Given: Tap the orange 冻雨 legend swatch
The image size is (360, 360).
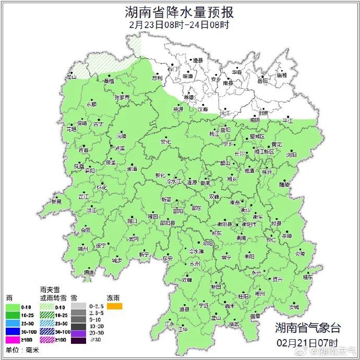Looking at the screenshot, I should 114,306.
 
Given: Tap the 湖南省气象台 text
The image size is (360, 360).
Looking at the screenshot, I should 308,328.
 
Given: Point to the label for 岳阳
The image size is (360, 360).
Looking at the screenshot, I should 262,81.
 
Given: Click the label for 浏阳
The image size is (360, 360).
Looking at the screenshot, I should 291,155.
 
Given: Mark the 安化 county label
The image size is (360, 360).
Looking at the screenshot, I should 166,141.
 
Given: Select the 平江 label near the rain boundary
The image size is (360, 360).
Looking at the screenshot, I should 287,121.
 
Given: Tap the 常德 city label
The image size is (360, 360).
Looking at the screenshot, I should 188,97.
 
